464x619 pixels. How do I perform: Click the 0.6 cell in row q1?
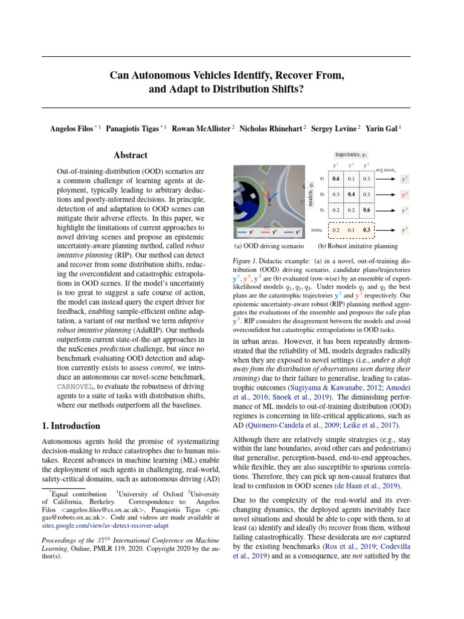(x=336, y=178)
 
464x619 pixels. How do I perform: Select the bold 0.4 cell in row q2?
(x=351, y=194)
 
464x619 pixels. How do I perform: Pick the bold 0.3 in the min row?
(x=366, y=230)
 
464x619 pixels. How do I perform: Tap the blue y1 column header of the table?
(x=336, y=166)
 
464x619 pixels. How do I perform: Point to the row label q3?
(x=322, y=210)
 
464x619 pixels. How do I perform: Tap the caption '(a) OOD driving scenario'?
(x=269, y=246)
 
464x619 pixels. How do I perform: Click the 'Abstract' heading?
(x=130, y=155)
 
